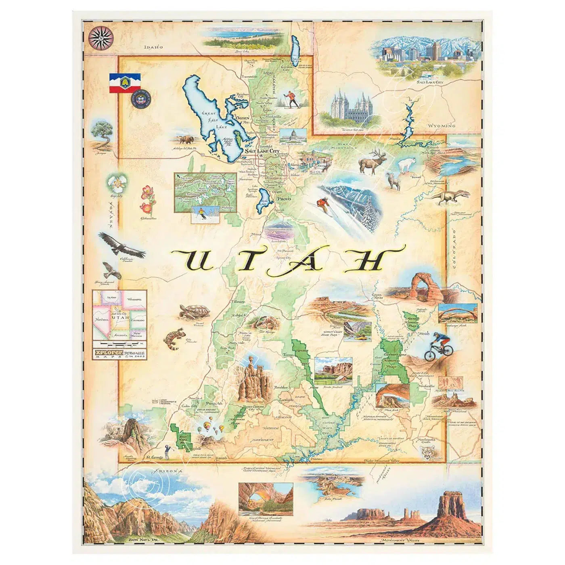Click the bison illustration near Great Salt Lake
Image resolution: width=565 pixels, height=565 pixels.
185,140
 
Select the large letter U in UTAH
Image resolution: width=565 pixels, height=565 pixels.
194,260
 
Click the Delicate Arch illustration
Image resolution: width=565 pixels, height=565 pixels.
419,287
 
